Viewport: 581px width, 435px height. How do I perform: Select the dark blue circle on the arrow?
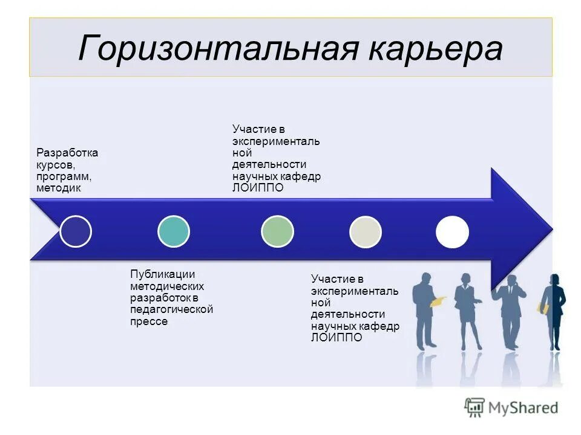pyautogui.click(x=76, y=231)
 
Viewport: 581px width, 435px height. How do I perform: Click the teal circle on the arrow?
pyautogui.click(x=173, y=231)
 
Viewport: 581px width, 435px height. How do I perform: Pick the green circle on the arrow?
pyautogui.click(x=277, y=231)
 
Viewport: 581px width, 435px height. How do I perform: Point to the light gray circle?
pyautogui.click(x=366, y=231)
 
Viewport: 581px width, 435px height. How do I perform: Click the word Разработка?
pyautogui.click(x=67, y=153)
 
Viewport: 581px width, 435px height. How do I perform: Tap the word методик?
pyautogui.click(x=59, y=188)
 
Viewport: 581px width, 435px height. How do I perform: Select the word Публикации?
pyautogui.click(x=163, y=274)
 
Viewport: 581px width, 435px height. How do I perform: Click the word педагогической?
pyautogui.click(x=171, y=310)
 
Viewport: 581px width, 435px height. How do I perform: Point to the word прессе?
pyautogui.click(x=148, y=321)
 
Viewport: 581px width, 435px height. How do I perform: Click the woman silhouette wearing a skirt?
pyautogui.click(x=468, y=311)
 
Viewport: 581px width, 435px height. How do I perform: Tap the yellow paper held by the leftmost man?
pyautogui.click(x=438, y=300)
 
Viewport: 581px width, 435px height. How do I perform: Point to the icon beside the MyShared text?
pyautogui.click(x=474, y=408)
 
